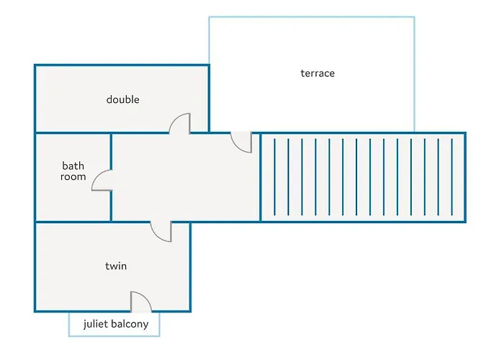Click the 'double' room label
[122, 99]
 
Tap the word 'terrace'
[318, 73]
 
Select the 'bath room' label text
[73, 171]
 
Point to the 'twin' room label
[116, 266]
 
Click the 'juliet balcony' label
[115, 324]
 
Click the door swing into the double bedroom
[180, 124]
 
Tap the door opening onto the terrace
[241, 142]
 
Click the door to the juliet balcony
[140, 302]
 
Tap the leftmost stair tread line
[274, 177]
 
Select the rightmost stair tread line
[451, 177]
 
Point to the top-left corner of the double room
[35, 66]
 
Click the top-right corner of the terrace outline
[414, 17]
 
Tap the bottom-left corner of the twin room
[35, 311]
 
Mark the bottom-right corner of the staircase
[464, 221]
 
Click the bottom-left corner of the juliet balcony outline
[69, 336]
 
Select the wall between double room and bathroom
[72, 133]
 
